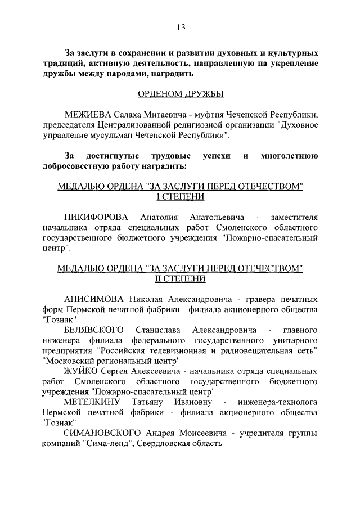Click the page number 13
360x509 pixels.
click(180, 27)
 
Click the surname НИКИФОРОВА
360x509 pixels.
click(96, 217)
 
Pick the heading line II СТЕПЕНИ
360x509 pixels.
click(180, 279)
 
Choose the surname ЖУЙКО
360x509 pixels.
click(81, 372)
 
